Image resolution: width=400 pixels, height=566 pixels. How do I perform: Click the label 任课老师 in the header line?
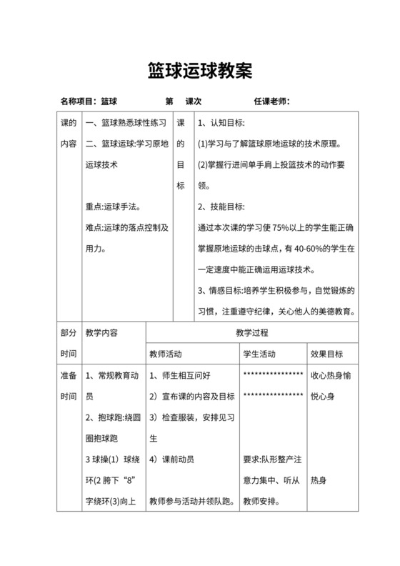pos(271,101)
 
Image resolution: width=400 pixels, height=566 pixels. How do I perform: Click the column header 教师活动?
pos(166,353)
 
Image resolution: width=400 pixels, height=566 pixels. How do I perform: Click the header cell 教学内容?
pos(101,332)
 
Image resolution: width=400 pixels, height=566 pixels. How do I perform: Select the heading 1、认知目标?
pos(221,123)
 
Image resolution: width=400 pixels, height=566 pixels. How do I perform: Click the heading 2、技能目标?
pos(221,207)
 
